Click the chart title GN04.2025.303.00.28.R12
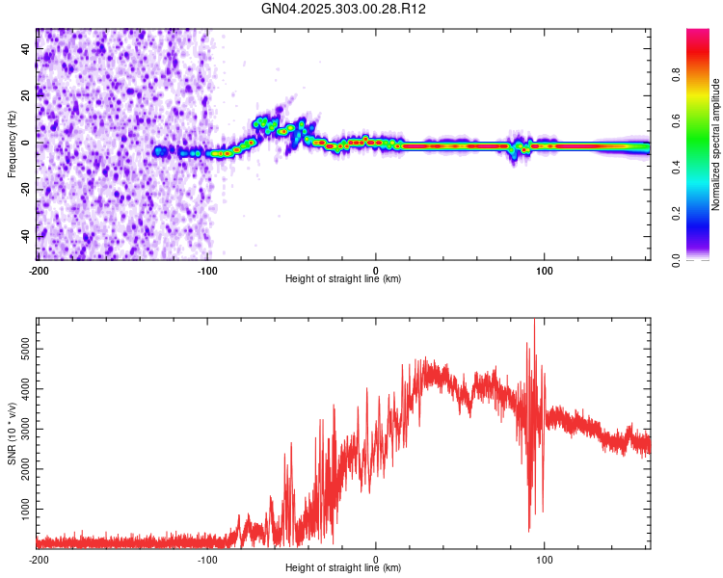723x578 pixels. (344, 9)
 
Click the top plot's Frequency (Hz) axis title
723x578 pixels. (12, 144)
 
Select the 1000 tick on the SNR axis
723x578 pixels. (22, 506)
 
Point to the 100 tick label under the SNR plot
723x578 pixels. (546, 559)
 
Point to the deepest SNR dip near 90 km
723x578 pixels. (528, 530)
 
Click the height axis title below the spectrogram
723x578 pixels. (343, 279)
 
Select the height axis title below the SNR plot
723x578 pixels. (343, 568)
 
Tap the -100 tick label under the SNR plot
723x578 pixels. (206, 559)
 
